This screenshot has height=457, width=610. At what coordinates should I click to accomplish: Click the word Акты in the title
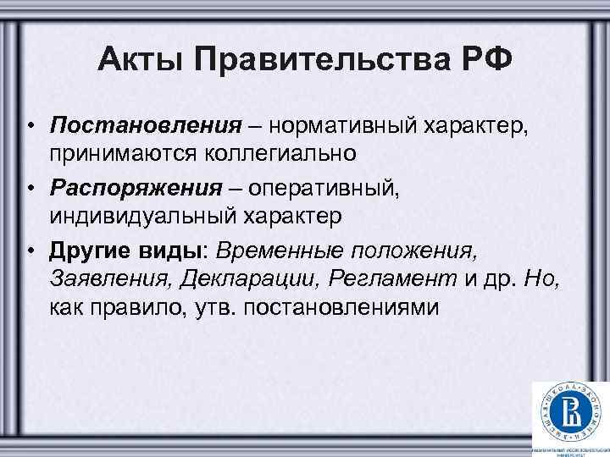pos(138,63)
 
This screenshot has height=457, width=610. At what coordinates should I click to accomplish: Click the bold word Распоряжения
pos(139,186)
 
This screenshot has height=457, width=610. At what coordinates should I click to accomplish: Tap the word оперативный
pos(338,186)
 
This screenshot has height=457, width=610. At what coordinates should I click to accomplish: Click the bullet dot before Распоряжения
pos(30,187)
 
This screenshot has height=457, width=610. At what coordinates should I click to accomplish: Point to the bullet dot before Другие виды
pos(30,251)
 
